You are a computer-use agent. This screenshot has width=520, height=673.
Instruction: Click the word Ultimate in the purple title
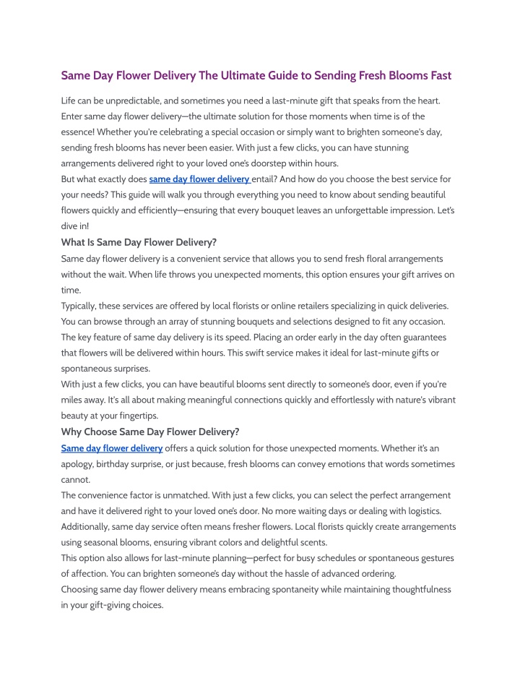pyautogui.click(x=239, y=75)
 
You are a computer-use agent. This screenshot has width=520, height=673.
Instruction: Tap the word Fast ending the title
pyautogui.click(x=436, y=75)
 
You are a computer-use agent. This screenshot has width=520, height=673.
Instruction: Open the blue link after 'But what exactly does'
pyautogui.click(x=199, y=179)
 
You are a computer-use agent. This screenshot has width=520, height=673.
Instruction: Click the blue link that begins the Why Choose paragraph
pyautogui.click(x=112, y=448)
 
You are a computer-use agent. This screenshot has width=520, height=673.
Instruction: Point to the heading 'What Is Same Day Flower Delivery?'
pyautogui.click(x=139, y=242)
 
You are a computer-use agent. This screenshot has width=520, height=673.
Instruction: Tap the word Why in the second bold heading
pyautogui.click(x=73, y=432)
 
